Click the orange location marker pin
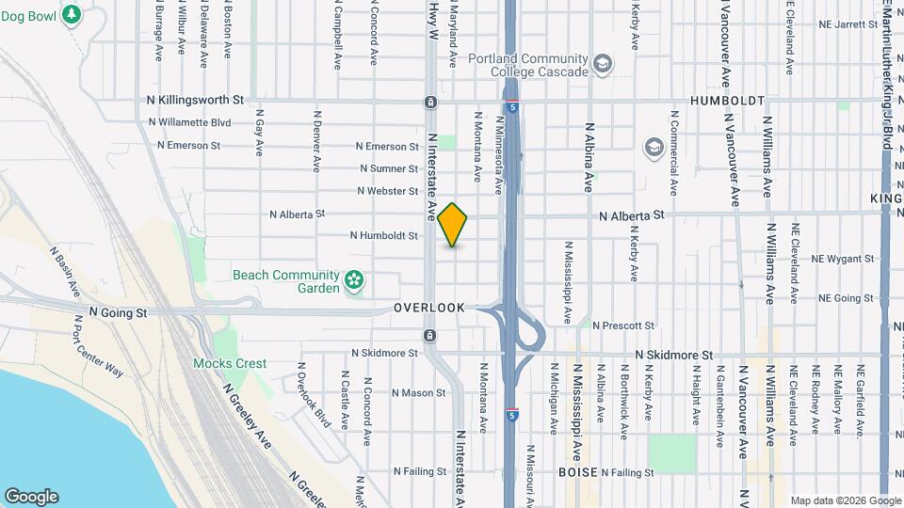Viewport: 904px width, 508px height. pyautogui.click(x=453, y=224)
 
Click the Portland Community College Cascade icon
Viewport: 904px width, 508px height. pyautogui.click(x=601, y=65)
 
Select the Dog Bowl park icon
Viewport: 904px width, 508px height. pyautogui.click(x=72, y=15)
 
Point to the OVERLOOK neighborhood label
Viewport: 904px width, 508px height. pyautogui.click(x=429, y=308)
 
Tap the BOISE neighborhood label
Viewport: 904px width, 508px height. pyautogui.click(x=577, y=471)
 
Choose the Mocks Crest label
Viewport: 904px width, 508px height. pyautogui.click(x=230, y=363)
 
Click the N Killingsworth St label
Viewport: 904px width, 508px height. pyautogui.click(x=195, y=99)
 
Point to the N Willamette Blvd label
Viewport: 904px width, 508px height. pyautogui.click(x=190, y=122)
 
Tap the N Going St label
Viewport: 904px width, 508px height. pyautogui.click(x=119, y=311)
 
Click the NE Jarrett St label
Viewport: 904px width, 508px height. pyautogui.click(x=847, y=24)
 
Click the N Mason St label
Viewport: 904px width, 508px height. pyautogui.click(x=418, y=392)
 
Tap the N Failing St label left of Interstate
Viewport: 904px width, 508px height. pyautogui.click(x=420, y=471)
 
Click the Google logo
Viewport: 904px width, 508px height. pyautogui.click(x=31, y=497)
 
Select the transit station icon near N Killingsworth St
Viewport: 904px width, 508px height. pyautogui.click(x=430, y=102)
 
